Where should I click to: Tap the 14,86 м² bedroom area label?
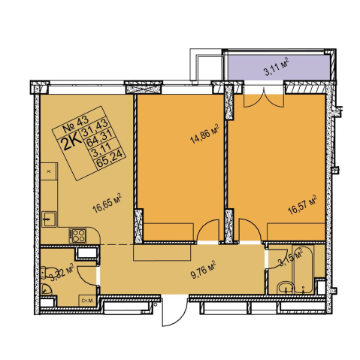coord(204,135)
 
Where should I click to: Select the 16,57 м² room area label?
coord(302,205)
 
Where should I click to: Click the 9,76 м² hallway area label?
coord(203,270)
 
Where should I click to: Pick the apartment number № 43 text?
coord(75,125)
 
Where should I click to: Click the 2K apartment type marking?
coord(73,143)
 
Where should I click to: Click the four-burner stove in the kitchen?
coord(77,236)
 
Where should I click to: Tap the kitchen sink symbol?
coord(49,219)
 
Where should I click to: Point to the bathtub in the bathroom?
coord(303,270)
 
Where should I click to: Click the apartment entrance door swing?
coord(175,311)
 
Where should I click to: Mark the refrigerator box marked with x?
coord(49,171)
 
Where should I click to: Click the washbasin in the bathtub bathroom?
coord(286,288)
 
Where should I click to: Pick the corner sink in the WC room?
coord(46,289)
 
